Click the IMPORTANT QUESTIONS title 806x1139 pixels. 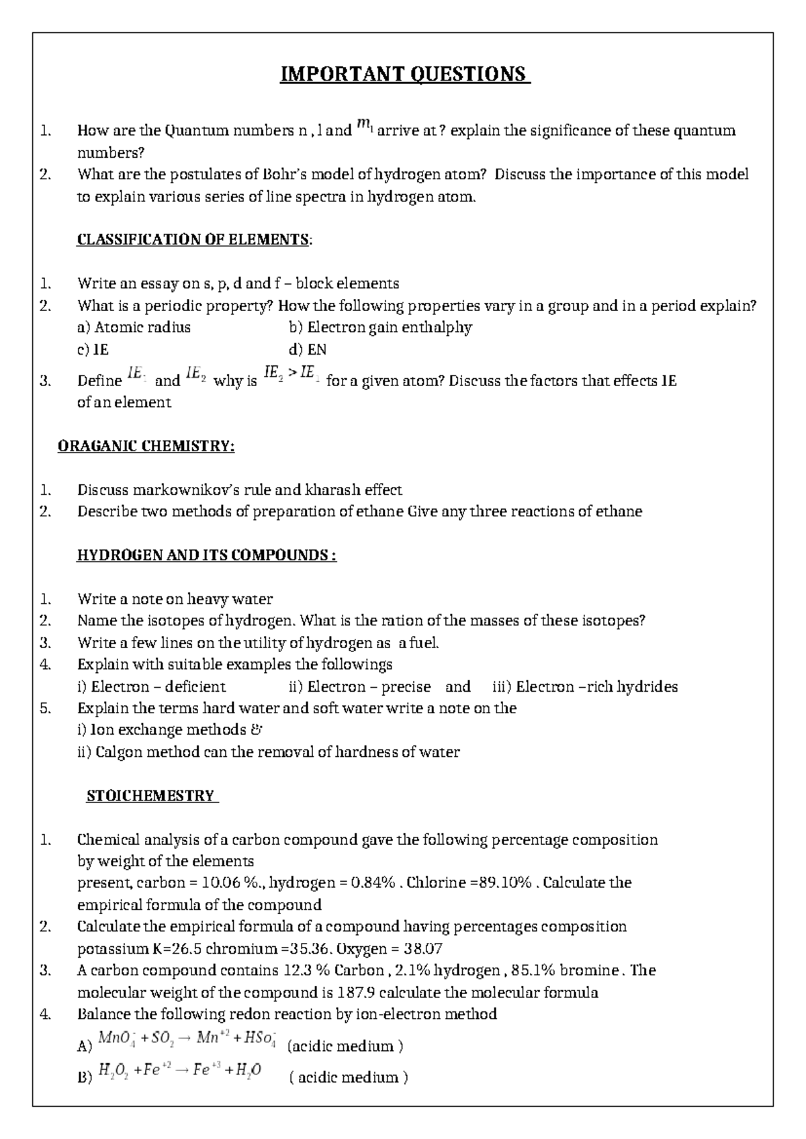[405, 74]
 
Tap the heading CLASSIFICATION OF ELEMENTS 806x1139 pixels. [194, 240]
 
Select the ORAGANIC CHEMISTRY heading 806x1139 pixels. [146, 446]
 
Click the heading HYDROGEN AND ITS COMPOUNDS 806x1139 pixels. [206, 555]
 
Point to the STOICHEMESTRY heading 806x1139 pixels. [151, 796]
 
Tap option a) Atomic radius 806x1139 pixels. [134, 328]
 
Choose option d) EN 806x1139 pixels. [307, 350]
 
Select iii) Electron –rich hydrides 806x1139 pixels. [585, 686]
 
